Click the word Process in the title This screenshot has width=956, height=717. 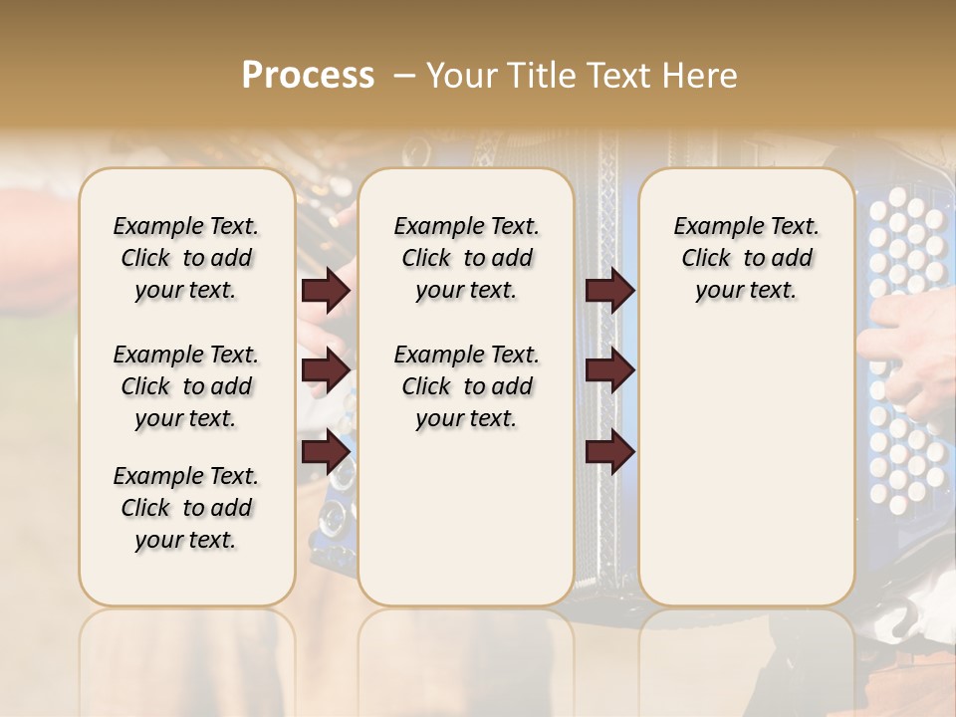308,76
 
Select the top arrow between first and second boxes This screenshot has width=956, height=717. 326,291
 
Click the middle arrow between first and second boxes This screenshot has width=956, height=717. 326,370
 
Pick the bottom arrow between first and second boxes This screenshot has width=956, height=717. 326,452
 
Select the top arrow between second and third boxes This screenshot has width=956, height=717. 609,291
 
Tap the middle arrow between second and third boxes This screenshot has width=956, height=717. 609,370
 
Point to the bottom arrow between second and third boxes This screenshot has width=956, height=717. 609,452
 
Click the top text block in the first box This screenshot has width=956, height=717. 186,258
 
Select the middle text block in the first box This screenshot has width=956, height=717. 186,386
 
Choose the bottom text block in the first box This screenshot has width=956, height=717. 186,508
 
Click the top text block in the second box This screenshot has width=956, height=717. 466,258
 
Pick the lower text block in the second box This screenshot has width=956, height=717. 466,386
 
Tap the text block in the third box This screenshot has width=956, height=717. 746,258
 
